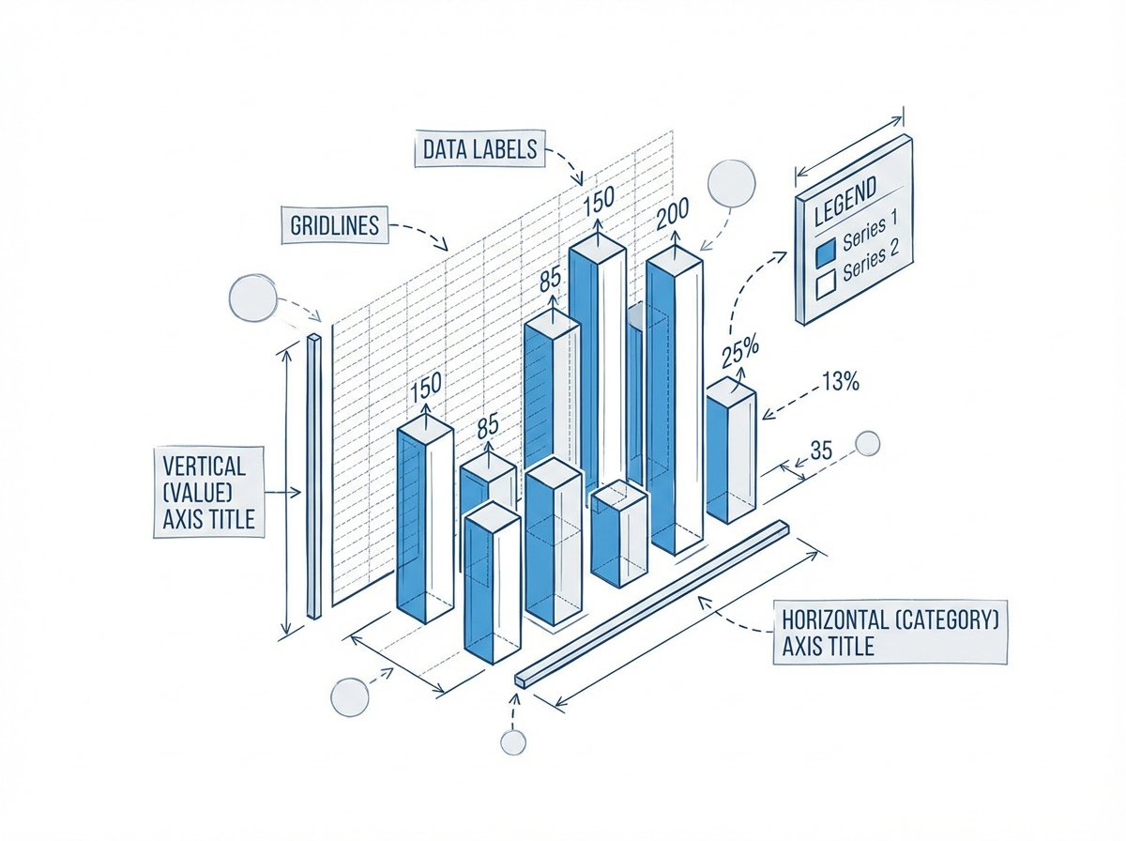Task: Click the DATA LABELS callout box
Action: pyautogui.click(x=479, y=149)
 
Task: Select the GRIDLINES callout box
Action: pyautogui.click(x=334, y=225)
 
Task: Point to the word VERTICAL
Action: pyautogui.click(x=204, y=466)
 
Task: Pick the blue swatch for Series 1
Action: pyautogui.click(x=826, y=252)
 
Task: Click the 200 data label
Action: pyautogui.click(x=673, y=217)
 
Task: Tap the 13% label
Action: pyautogui.click(x=840, y=382)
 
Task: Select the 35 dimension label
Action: pyautogui.click(x=821, y=450)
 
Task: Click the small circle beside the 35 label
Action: pyautogui.click(x=868, y=443)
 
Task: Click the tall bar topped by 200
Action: pyautogui.click(x=675, y=404)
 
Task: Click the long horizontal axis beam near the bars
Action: pyautogui.click(x=652, y=602)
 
